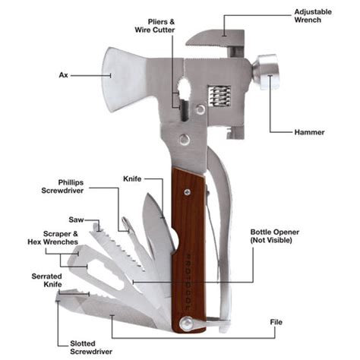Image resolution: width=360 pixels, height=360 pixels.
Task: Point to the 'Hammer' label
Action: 309,132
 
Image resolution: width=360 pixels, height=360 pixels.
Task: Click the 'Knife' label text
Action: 132,178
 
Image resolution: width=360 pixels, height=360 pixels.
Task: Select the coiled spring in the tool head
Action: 218,96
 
